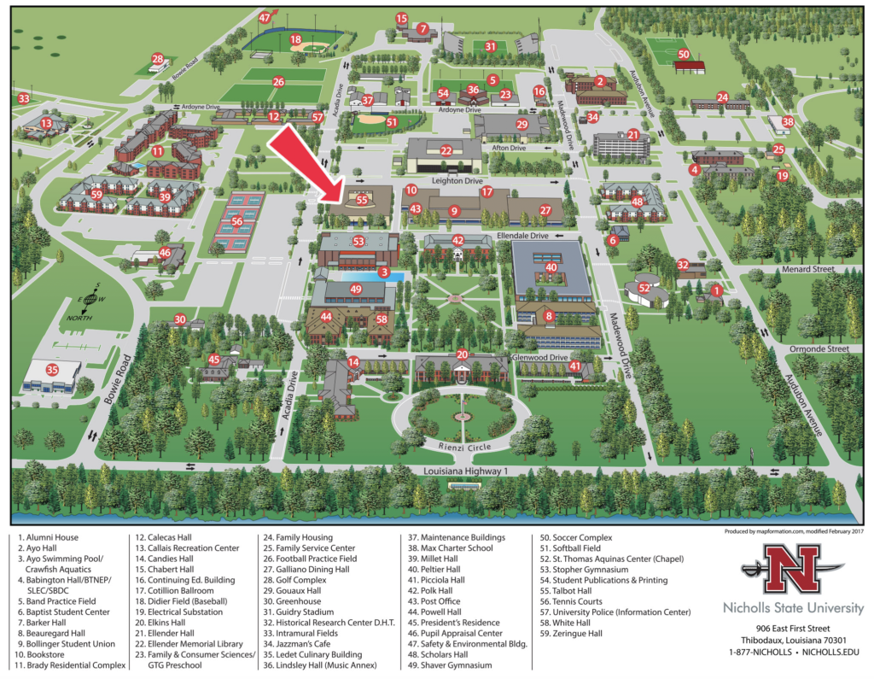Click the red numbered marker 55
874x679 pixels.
tap(362, 200)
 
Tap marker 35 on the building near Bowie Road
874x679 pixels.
tap(52, 370)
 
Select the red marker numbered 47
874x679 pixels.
tap(265, 17)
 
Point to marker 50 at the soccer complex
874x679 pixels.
tap(683, 54)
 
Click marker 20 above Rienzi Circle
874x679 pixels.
tap(462, 354)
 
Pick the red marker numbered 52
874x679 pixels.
tap(644, 289)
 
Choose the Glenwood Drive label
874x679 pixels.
tap(540, 357)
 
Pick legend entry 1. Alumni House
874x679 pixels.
tap(48, 537)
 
